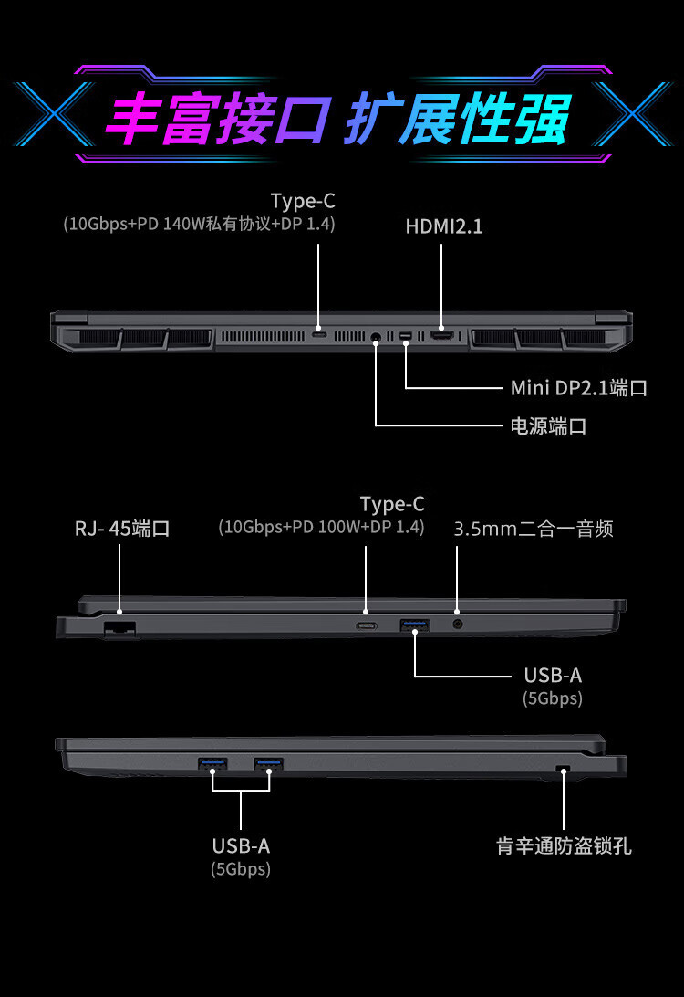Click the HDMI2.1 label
pos(444,226)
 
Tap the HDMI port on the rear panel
pos(442,336)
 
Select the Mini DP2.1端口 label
pos(578,388)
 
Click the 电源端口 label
pos(547,425)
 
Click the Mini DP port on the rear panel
pos(406,337)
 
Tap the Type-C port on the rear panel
pos(318,334)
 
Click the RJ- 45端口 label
pos(122,529)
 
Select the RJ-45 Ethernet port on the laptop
pos(119,627)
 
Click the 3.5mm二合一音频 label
pos(534,529)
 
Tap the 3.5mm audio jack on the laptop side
pos(457,624)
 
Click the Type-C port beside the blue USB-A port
pos(367,625)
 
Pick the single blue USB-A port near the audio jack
pos(415,624)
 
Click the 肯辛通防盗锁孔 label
pos(564,846)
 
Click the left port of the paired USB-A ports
pos(212,763)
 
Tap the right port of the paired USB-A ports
pos(269,763)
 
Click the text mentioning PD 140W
pos(199,224)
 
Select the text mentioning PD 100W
pos(321,527)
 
